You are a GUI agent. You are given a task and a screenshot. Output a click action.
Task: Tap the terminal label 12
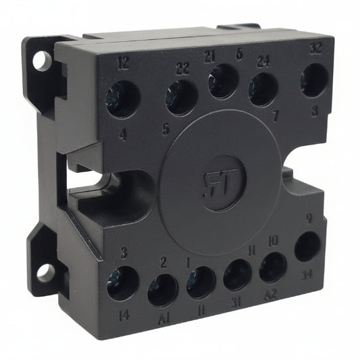[x=122, y=63]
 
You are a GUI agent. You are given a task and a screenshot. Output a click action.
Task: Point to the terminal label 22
[x=182, y=68]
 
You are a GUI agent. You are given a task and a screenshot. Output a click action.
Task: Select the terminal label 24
[x=263, y=61]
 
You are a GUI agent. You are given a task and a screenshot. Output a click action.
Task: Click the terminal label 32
[x=315, y=49]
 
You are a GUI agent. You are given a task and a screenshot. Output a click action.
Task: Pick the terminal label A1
[x=163, y=318]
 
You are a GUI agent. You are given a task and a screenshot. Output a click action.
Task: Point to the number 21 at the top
[x=209, y=55]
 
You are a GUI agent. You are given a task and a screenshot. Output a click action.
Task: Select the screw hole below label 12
[x=122, y=99]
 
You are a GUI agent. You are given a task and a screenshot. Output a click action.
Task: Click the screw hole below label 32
[x=314, y=80]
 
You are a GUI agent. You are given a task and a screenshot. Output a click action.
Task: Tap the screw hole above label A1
[x=163, y=290]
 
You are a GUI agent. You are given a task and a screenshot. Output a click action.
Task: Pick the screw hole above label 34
[x=307, y=247]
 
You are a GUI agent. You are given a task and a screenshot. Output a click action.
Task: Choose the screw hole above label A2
[x=273, y=267]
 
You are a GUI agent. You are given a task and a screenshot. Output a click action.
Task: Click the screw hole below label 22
[x=181, y=97]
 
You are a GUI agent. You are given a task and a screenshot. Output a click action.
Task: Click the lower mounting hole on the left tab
[x=45, y=273]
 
